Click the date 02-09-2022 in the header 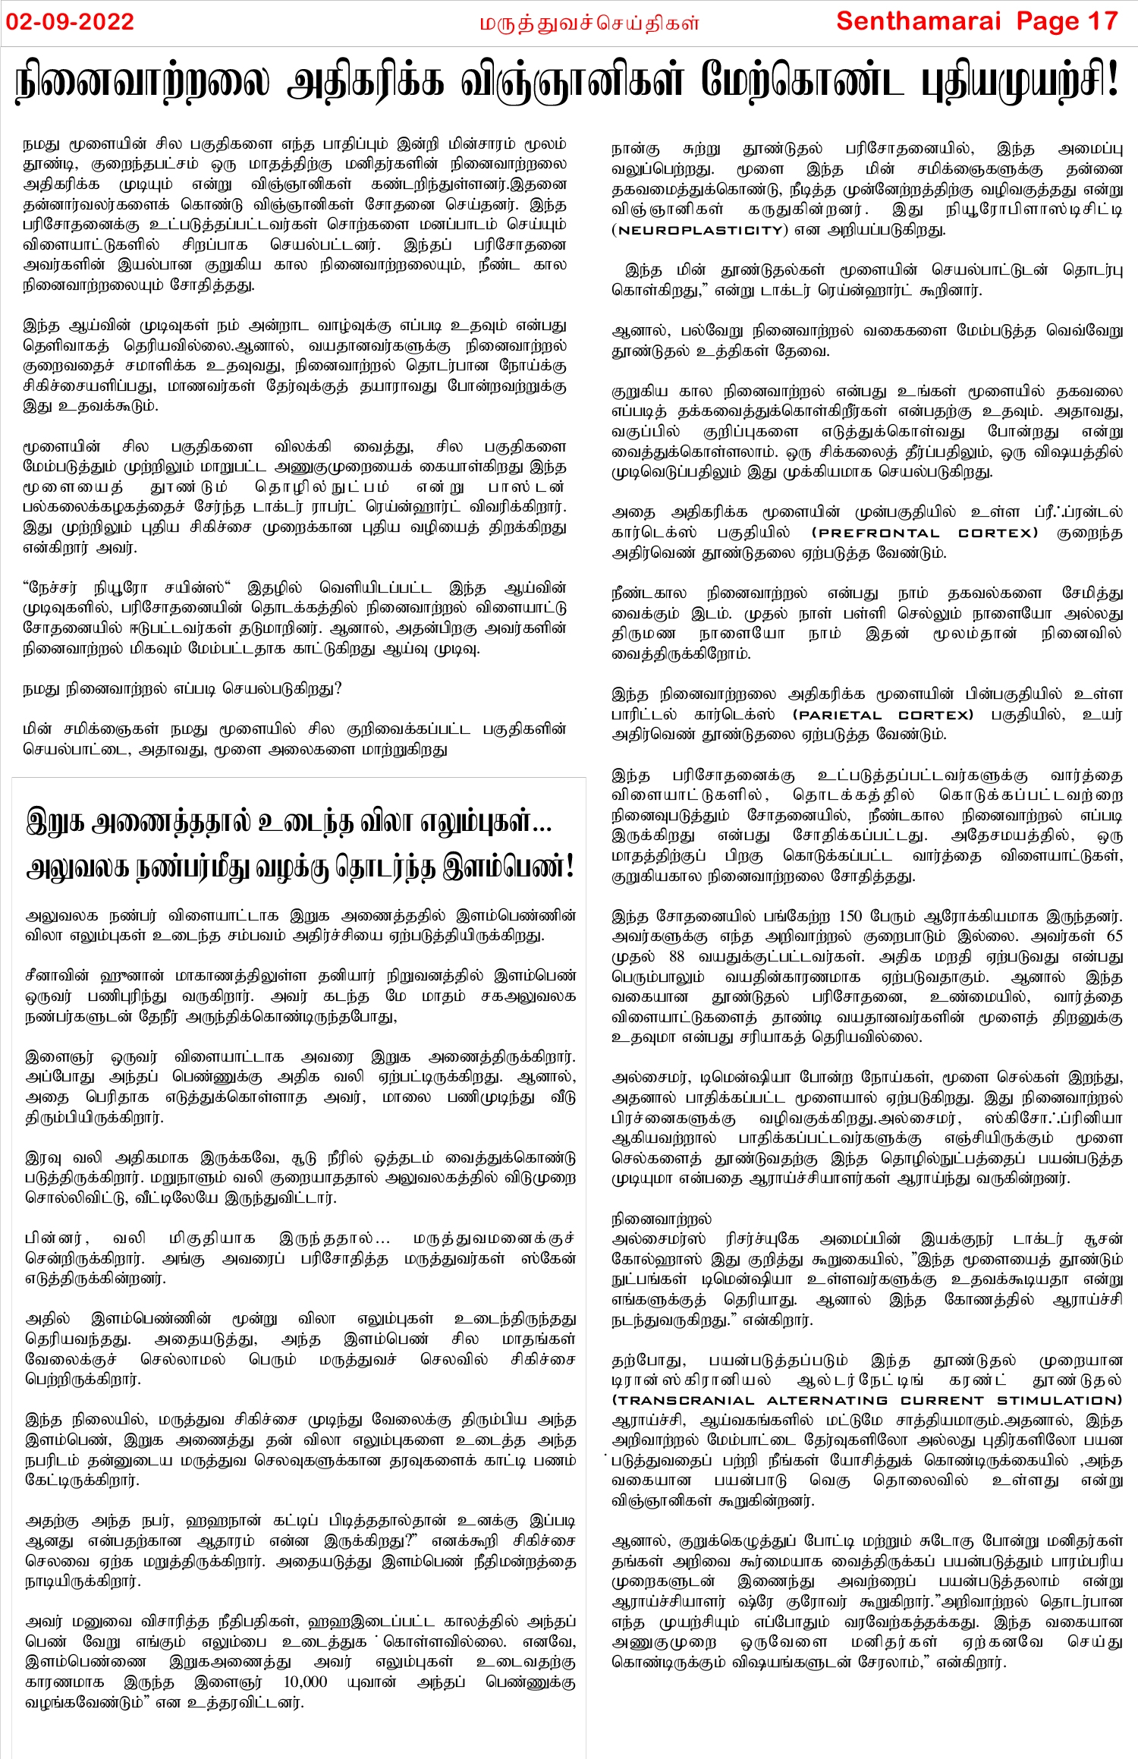pyautogui.click(x=70, y=21)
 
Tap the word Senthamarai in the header pyautogui.click(x=919, y=21)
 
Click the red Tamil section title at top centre pyautogui.click(x=589, y=24)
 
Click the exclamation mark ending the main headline pyautogui.click(x=1113, y=80)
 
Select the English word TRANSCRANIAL pyautogui.click(x=683, y=1400)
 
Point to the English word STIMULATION pyautogui.click(x=1059, y=1400)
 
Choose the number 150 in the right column pyautogui.click(x=850, y=916)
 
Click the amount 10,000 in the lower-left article pyautogui.click(x=305, y=1682)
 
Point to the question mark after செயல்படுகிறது pyautogui.click(x=338, y=688)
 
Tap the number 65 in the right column pyautogui.click(x=1114, y=936)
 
